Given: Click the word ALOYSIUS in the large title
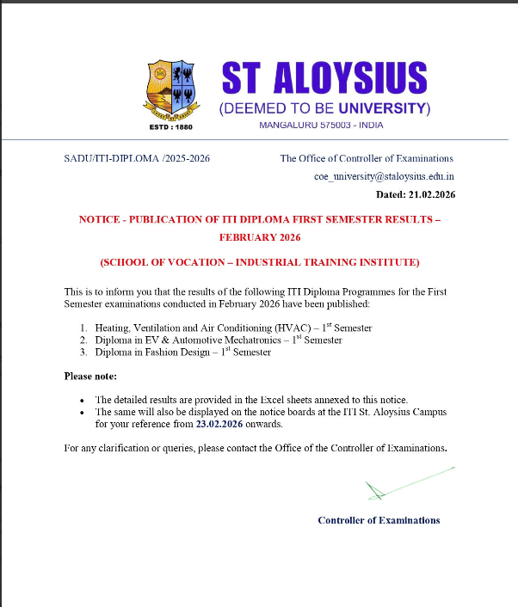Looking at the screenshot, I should click(x=348, y=79).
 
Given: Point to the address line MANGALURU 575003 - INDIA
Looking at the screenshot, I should click(x=321, y=126).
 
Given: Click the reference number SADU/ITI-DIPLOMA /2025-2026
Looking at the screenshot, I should click(x=138, y=158).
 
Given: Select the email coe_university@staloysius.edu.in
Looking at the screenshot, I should click(x=384, y=176).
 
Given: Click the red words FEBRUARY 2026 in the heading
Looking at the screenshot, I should click(x=259, y=236).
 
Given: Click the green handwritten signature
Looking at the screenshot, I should click(x=404, y=483).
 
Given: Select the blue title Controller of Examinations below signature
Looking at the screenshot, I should click(x=379, y=520).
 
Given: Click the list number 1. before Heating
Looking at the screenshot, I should click(x=84, y=328).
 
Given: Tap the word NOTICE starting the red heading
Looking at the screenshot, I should click(x=100, y=219).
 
